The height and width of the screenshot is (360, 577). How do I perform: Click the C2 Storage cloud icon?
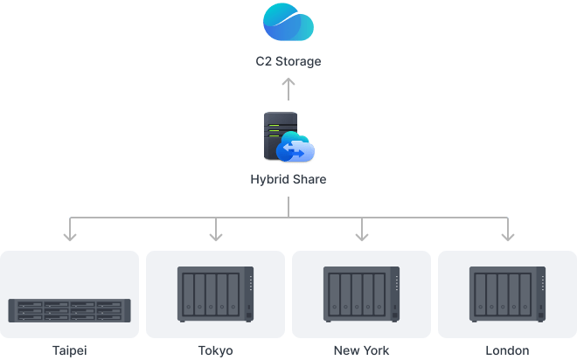(288, 23)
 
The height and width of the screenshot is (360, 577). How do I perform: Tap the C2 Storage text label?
(288, 62)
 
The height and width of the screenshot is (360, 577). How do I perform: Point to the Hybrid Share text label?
(288, 180)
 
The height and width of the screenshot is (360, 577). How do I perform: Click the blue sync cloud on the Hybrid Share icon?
(295, 151)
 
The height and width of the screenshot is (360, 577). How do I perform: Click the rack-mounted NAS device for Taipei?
(70, 309)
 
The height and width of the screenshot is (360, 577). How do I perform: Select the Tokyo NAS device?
(215, 294)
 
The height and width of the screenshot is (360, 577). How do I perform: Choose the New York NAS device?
(360, 294)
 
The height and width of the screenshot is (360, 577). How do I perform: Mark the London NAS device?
(505, 294)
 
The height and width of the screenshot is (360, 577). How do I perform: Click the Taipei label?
(70, 350)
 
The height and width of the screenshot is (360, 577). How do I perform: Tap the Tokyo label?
(215, 350)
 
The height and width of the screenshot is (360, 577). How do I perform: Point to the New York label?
(360, 350)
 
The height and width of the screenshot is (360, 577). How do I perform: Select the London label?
(506, 350)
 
